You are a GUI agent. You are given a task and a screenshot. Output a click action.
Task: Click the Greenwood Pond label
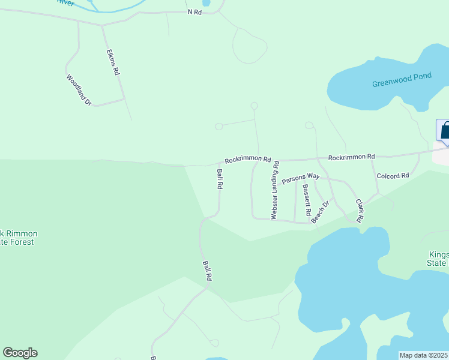point(402,80)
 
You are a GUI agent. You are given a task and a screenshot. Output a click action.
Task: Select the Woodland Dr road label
point(79,90)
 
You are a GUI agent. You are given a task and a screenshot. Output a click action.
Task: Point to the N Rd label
point(195,12)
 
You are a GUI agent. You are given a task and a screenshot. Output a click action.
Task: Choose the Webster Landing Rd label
point(275,190)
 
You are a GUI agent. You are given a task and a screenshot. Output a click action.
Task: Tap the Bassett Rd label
point(306,200)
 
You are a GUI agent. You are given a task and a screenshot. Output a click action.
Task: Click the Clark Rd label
point(360,211)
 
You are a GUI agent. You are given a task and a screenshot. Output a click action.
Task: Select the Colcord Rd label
point(393,176)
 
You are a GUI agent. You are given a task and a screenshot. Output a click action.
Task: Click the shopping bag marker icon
point(445,130)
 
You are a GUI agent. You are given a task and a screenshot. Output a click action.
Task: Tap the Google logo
point(20,353)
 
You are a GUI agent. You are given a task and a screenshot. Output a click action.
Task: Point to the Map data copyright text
point(424,355)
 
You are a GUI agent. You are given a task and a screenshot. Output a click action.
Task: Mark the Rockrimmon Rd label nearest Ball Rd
point(249,161)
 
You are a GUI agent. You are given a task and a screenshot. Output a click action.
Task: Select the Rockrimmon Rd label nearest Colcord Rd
point(351,157)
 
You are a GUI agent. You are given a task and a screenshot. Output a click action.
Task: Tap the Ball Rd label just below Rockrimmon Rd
point(220,179)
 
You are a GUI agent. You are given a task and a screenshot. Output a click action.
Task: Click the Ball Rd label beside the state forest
point(207,271)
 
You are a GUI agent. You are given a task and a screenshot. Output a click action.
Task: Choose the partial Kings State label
point(439,259)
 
